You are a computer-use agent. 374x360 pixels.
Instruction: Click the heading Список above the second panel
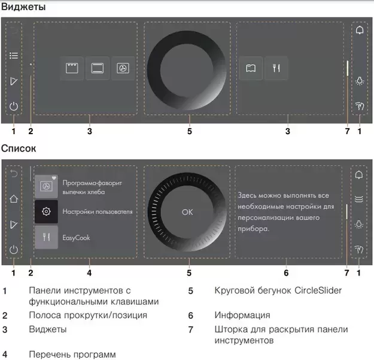21,147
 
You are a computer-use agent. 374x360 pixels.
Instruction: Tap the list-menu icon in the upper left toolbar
14,56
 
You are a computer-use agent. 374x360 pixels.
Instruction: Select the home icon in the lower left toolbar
14,199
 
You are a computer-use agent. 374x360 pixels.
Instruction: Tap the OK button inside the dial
188,212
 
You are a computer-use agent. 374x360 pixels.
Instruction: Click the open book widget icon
250,68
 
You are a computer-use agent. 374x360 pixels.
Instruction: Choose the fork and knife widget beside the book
276,68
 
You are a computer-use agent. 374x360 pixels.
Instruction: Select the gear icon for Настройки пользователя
47,212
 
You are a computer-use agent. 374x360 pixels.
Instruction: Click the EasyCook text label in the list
76,238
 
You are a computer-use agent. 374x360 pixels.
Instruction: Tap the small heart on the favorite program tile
54,179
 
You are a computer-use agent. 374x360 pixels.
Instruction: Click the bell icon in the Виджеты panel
360,30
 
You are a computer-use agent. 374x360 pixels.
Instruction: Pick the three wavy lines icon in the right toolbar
359,199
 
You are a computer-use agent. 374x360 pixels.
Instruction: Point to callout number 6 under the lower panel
287,273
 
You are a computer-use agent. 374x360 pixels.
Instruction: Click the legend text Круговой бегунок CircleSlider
278,291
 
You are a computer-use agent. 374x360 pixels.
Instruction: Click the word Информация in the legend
242,314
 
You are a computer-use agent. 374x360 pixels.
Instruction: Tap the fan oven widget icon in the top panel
122,68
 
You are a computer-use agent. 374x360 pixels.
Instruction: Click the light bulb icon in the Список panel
359,225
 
